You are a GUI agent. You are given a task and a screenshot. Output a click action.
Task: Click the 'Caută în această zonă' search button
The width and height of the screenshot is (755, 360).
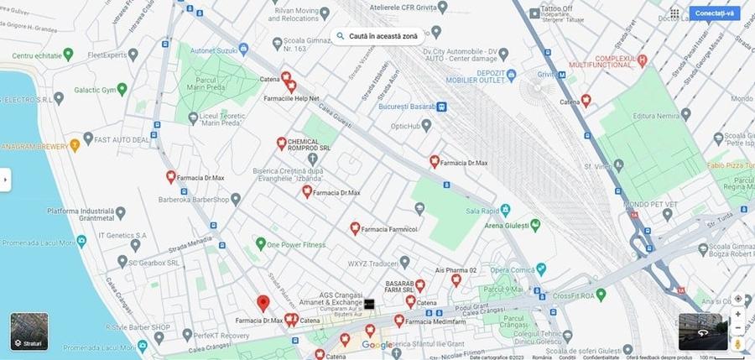click(x=377, y=36)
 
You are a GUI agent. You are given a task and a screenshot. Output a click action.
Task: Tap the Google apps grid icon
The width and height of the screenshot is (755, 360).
click(x=674, y=13)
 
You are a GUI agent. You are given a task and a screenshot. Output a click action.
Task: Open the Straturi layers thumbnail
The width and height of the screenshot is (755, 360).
click(x=29, y=331)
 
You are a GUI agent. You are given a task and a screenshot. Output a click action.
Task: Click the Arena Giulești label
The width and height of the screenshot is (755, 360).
click(x=504, y=225)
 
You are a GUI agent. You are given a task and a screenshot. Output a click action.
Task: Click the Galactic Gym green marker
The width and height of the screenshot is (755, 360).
click(x=122, y=88)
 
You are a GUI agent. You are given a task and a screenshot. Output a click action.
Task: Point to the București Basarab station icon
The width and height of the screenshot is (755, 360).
click(x=441, y=107)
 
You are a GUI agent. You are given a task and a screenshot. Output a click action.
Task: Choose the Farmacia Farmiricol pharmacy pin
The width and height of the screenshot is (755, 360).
click(x=355, y=227)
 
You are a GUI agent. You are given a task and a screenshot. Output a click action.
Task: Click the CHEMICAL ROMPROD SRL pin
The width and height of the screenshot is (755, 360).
click(x=282, y=143)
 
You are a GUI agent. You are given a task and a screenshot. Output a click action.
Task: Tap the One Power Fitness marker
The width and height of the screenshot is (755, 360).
click(x=260, y=245)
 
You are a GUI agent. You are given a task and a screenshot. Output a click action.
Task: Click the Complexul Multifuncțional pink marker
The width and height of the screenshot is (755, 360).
click(x=643, y=60)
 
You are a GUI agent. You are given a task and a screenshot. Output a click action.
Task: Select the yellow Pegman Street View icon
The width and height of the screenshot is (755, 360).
click(x=738, y=343)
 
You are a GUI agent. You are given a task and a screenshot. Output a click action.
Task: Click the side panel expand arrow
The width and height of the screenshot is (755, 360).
click(x=5, y=179)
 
